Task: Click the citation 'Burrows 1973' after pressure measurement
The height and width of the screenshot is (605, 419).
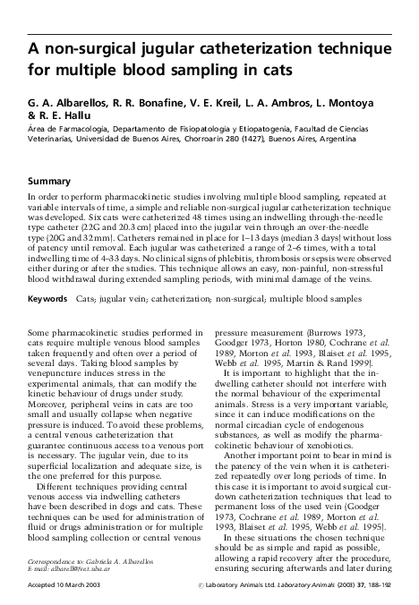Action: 329,303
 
